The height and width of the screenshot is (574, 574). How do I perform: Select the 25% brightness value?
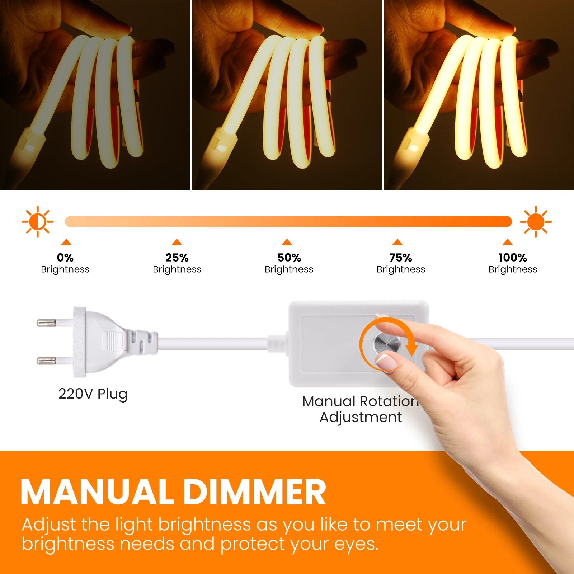(177, 258)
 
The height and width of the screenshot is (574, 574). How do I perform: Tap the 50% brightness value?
(289, 258)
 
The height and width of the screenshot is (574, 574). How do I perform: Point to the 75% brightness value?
(401, 258)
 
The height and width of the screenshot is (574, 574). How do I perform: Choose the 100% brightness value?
(513, 258)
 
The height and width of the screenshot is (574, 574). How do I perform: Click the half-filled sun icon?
(38, 222)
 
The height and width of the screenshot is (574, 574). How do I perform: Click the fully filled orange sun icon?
(536, 222)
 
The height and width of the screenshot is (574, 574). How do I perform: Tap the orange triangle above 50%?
(287, 242)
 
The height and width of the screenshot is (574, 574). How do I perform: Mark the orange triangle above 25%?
(177, 242)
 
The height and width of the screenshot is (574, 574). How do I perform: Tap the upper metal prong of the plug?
(47, 323)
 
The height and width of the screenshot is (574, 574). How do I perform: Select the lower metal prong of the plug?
(47, 360)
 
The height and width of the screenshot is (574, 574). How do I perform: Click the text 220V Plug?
(93, 394)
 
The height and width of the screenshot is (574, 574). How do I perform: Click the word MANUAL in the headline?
(97, 492)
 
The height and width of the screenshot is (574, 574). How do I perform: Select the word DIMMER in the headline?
(254, 492)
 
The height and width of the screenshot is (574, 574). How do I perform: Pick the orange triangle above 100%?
(508, 242)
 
